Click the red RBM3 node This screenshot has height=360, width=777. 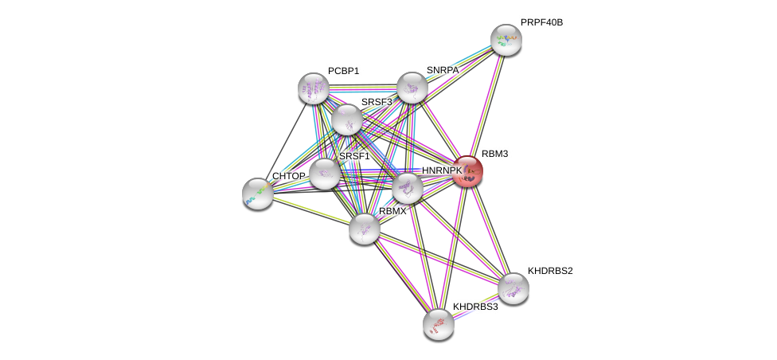coord(468,170)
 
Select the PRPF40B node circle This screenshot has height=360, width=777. coord(506,40)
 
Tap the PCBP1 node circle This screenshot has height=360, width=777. coord(314,88)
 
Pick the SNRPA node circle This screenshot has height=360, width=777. coord(412,88)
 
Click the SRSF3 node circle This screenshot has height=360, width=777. coord(347,119)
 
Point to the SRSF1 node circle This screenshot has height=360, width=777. coord(325,174)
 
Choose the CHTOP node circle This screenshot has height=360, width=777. coord(257,193)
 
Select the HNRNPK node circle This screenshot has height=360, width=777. coord(408,188)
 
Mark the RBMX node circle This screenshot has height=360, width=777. coord(365,229)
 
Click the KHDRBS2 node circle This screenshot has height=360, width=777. coord(513,288)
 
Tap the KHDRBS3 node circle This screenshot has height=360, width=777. coord(439,323)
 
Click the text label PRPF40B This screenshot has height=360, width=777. coord(541,22)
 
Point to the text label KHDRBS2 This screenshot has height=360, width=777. coord(550,271)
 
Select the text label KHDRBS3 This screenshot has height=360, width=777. coord(475,307)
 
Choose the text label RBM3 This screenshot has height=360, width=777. coord(494,154)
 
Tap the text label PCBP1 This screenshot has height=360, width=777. coord(343,71)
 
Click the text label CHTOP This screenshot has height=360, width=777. coord(288,176)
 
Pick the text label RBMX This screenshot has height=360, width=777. coord(392,211)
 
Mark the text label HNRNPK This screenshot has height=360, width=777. coord(442,170)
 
